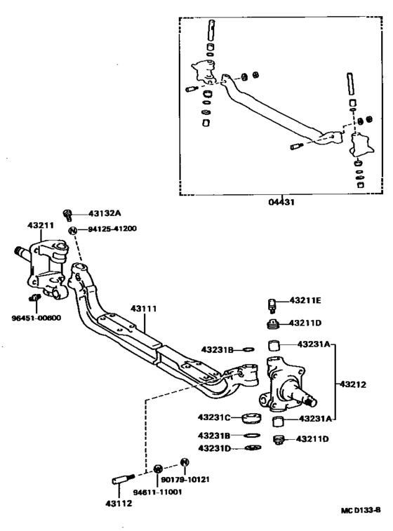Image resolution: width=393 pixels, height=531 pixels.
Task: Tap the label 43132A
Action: point(105,213)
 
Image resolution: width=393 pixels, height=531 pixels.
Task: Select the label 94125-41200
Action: point(112,229)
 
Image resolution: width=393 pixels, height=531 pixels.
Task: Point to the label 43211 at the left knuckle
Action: point(41,225)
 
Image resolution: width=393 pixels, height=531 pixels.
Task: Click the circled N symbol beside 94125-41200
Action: point(71,229)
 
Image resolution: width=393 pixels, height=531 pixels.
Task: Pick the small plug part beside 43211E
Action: point(274,304)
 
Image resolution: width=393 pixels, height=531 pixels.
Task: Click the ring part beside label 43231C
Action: point(251,419)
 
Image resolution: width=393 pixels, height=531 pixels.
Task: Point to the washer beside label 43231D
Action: point(251,448)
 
